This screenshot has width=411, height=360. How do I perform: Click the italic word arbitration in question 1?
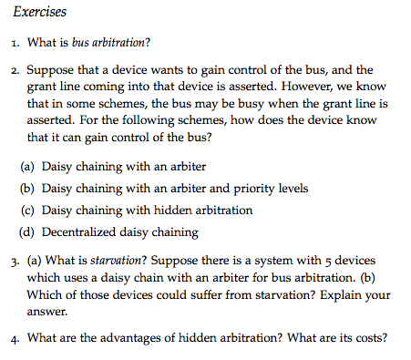(122, 43)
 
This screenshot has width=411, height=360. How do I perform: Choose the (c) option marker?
(28, 210)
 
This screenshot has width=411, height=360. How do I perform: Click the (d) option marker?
(28, 231)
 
